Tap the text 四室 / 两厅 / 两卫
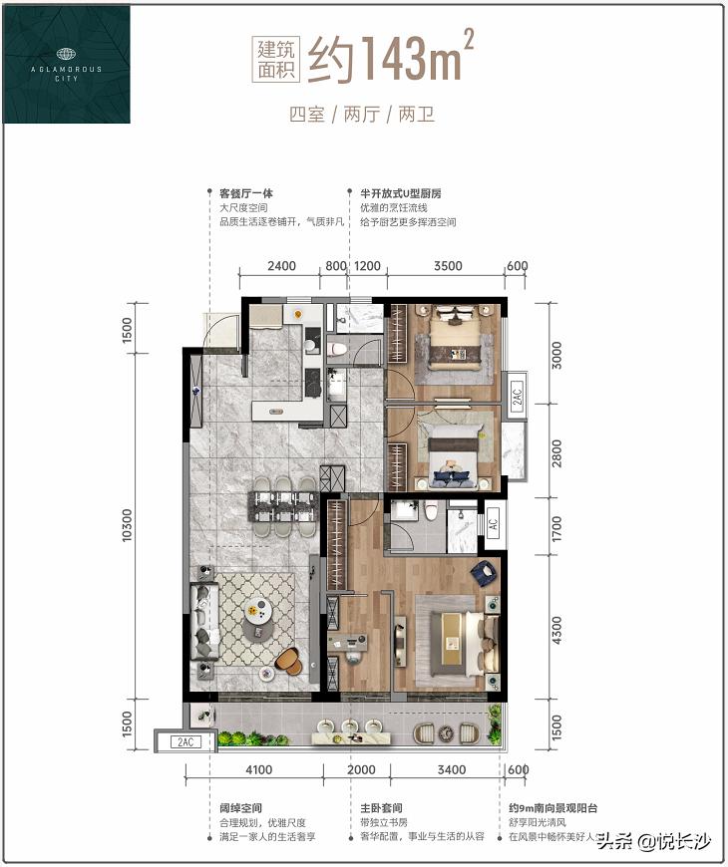(362, 114)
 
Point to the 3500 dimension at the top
(449, 266)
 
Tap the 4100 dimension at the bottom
(257, 768)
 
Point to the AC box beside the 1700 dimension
(493, 522)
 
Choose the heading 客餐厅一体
(246, 194)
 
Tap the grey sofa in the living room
(205, 623)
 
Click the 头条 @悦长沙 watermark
(654, 842)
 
